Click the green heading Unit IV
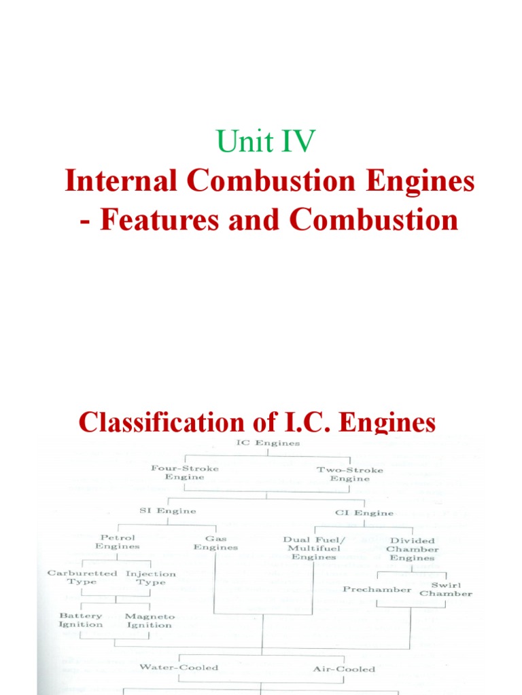tap(266, 143)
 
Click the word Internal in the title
tap(114, 182)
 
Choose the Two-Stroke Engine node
tap(349, 474)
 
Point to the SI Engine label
tap(167, 511)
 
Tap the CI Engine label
tap(364, 513)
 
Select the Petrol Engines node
tap(118, 542)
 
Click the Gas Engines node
tap(215, 542)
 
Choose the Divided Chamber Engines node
tap(413, 549)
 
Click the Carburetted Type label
tap(82, 578)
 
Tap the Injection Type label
tap(150, 578)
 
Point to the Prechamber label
tap(377, 589)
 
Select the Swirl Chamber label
tap(445, 588)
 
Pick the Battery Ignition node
tap(81, 620)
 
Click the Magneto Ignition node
tap(150, 620)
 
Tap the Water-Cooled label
tap(179, 667)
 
